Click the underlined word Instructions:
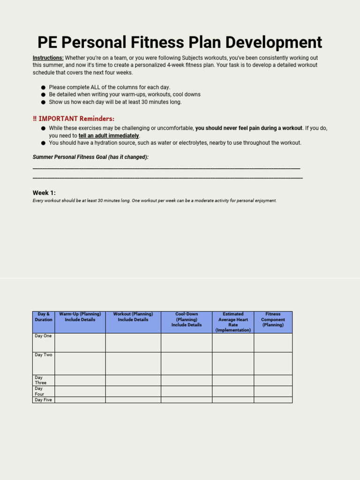click(x=48, y=58)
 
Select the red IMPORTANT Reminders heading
click(x=74, y=119)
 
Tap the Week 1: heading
click(x=44, y=193)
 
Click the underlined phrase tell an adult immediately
click(x=109, y=136)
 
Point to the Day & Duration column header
click(x=44, y=317)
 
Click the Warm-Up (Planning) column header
click(x=80, y=317)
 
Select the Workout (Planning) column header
click(x=133, y=317)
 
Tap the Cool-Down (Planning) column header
click(x=187, y=319)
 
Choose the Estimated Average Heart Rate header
click(x=233, y=322)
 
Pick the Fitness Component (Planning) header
click(x=273, y=319)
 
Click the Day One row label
click(x=43, y=336)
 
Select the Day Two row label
click(x=43, y=355)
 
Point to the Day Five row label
click(x=43, y=400)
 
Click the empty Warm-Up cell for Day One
click(x=80, y=343)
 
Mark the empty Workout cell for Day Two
click(x=133, y=363)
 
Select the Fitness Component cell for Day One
click(x=273, y=343)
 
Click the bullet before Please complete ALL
click(x=44, y=87)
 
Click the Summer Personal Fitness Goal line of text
click(x=90, y=157)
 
